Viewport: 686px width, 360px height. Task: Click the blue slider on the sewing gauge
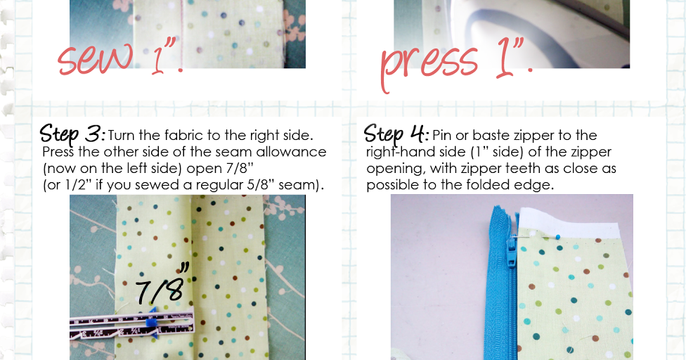point(150,321)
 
